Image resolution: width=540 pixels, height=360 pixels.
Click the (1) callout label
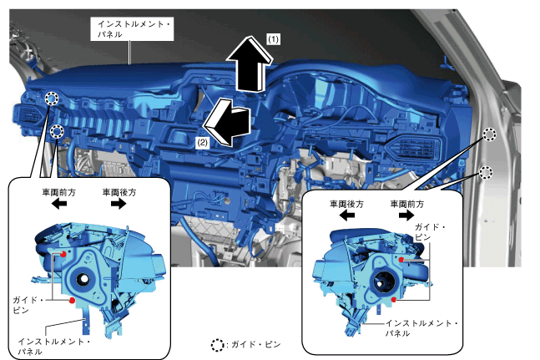tap(273, 39)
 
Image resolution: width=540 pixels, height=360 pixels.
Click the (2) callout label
tap(202, 142)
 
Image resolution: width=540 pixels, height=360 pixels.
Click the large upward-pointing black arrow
tap(250, 63)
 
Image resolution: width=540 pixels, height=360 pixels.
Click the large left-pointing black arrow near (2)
tap(227, 122)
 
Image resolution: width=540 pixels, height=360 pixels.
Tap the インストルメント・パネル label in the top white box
tap(132, 29)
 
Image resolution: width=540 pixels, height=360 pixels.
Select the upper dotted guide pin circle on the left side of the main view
tap(52, 99)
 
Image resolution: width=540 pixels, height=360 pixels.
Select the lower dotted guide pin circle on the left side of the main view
tap(57, 132)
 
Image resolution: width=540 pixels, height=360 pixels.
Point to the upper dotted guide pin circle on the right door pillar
tap(489, 134)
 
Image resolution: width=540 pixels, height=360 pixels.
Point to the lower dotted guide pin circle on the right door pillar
tap(486, 173)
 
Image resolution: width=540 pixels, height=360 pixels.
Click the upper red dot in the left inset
tap(63, 254)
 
